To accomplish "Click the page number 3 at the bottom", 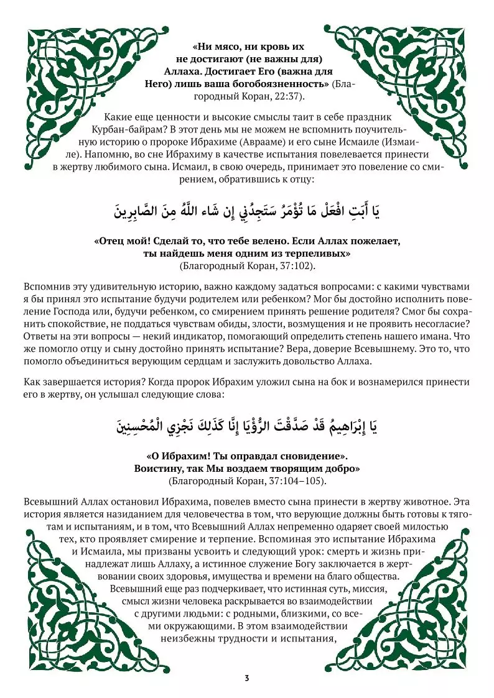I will click(247, 677).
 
